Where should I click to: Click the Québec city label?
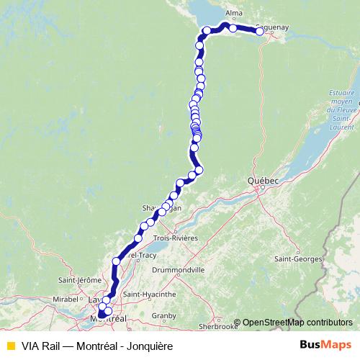264,179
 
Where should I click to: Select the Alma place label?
233,14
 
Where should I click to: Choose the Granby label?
164,315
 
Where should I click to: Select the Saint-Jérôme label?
78,279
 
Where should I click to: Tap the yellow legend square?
10,346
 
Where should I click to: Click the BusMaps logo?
330,346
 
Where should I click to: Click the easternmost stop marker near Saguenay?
259,32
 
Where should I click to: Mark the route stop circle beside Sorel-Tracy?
117,261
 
